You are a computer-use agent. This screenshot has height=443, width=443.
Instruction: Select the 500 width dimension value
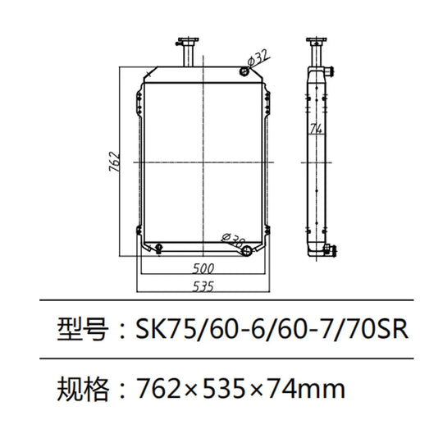[x=204, y=268]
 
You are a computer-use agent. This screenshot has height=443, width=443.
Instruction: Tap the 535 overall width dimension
[x=204, y=286]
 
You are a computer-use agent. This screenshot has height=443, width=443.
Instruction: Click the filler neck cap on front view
[x=186, y=41]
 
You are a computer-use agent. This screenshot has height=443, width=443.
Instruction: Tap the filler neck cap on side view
[x=315, y=41]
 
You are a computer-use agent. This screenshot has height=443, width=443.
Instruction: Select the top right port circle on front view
[x=244, y=73]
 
